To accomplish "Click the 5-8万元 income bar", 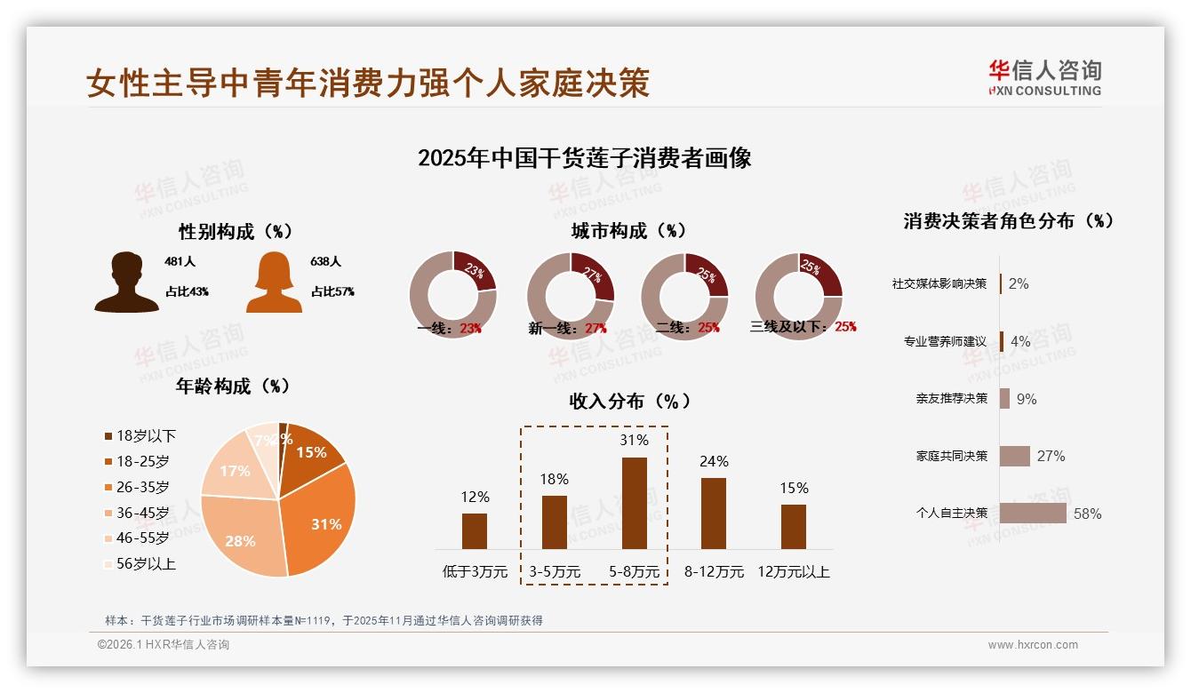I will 634,503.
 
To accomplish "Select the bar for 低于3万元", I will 475,530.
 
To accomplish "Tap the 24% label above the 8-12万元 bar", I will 713,461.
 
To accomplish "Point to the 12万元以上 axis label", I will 793,572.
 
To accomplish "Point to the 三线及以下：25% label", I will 803,327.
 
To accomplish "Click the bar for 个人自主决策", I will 1032,513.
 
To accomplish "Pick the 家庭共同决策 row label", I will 951,456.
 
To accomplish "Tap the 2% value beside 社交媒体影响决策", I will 1019,283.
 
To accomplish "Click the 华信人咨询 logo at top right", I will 1044,77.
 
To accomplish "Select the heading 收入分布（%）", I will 629,401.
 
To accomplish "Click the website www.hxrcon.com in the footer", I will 1033,645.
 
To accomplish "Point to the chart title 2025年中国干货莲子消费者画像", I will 584,158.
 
